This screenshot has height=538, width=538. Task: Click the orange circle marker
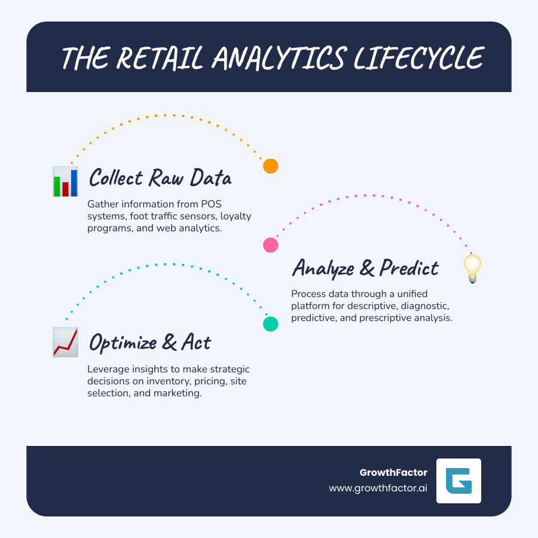[x=271, y=166]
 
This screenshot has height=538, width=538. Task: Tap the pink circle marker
[x=271, y=244]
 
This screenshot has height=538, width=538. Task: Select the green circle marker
[x=271, y=324]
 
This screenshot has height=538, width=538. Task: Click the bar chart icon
[x=65, y=182]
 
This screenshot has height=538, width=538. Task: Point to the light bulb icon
[x=473, y=268]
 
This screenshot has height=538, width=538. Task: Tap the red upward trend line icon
[x=65, y=343]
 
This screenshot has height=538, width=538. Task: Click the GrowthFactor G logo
[x=458, y=481]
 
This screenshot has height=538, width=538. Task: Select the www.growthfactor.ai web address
[x=378, y=488]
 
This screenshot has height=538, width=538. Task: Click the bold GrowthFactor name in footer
[x=393, y=472]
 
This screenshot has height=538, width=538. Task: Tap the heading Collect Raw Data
[x=160, y=178]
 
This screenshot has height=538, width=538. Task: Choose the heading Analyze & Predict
[x=365, y=268]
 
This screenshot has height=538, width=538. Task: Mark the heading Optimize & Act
[x=149, y=343]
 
